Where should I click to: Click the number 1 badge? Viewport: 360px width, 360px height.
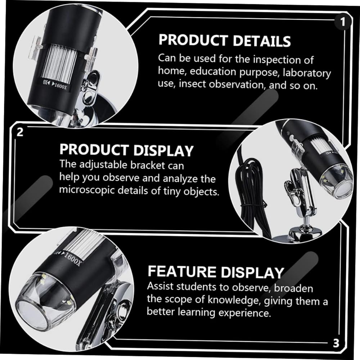click(343, 22)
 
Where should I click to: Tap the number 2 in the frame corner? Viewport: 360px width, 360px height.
click(20, 132)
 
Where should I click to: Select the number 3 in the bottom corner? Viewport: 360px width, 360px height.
click(336, 343)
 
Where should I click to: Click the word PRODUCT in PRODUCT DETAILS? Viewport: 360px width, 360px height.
click(193, 40)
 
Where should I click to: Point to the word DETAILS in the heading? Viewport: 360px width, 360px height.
click(262, 41)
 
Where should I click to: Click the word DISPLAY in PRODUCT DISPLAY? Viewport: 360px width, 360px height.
click(163, 150)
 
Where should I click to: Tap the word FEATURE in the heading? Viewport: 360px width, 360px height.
click(182, 271)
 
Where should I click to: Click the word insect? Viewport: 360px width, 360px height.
click(192, 84)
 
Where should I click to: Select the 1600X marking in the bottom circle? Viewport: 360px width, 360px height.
click(72, 259)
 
